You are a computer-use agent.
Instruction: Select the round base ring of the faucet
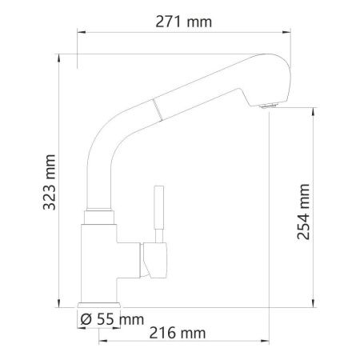[x=99, y=305]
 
